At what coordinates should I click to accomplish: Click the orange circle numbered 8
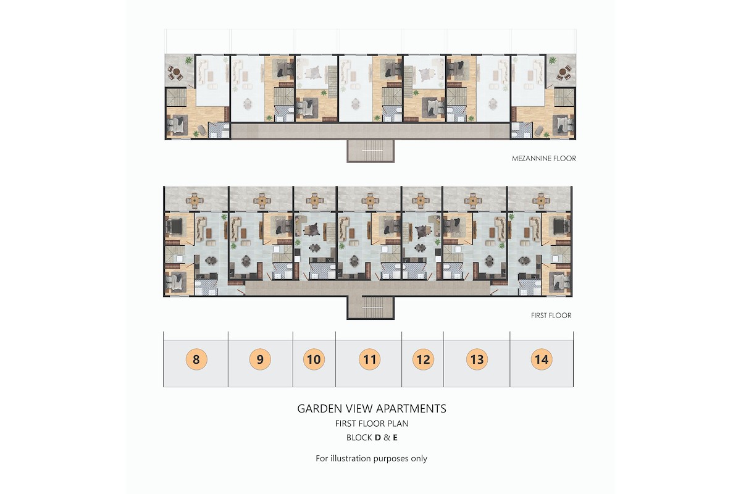pos(196,359)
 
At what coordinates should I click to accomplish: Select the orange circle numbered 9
pos(260,359)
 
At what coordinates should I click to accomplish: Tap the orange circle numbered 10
pos(314,359)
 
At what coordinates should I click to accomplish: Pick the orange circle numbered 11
pos(369,359)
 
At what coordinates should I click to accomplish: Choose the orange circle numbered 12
pos(423,359)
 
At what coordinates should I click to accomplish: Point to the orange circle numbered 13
pos(477,359)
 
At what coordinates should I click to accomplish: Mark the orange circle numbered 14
pos(542,359)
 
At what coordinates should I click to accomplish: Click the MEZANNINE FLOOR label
pos(544,159)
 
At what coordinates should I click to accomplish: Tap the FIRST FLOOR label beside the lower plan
pos(551,316)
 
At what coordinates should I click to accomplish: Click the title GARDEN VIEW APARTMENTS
pos(372,409)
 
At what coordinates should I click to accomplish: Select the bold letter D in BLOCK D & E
pos(378,438)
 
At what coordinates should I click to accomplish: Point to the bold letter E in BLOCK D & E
pos(395,438)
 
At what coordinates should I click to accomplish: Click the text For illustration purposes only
pos(371,459)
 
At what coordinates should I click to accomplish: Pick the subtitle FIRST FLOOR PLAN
pos(372,424)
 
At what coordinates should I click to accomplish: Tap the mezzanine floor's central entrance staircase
pos(371,151)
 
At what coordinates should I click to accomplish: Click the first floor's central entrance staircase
pos(371,308)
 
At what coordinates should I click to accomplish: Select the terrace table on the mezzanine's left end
pos(175,73)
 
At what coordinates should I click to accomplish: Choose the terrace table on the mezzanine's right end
pos(564,73)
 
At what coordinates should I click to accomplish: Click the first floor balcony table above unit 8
pos(194,201)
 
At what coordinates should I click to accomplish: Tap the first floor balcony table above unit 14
pos(541,201)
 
